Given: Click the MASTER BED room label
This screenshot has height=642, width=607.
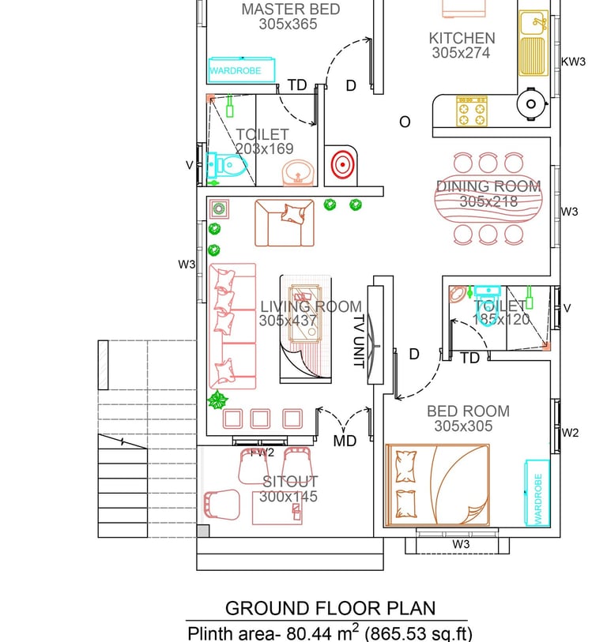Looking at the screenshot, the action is [291, 9].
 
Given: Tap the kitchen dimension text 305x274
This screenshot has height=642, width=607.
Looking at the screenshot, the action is [461, 53].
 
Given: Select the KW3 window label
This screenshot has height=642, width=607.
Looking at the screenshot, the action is [573, 62].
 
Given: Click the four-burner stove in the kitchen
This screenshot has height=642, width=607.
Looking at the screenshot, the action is [472, 111].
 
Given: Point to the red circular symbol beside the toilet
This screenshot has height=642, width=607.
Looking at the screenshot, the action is [342, 164].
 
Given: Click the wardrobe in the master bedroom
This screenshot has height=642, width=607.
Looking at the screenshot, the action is [241, 70].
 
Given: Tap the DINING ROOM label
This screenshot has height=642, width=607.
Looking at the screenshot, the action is [488, 186].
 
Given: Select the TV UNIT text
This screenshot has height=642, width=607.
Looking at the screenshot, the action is [359, 341].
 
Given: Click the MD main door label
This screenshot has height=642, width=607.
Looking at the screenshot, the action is [345, 441].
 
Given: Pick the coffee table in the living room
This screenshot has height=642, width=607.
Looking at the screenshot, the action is [305, 313].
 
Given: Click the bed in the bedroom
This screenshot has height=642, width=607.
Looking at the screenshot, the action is [437, 485].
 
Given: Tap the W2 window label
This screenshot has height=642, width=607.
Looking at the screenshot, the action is [570, 433].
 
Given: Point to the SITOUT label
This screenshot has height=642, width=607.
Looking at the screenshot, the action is [290, 482].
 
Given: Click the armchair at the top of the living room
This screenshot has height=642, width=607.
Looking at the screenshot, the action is [285, 223].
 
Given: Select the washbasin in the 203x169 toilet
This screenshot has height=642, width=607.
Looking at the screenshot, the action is [299, 173].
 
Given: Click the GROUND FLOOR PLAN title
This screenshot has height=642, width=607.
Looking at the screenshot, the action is [330, 608].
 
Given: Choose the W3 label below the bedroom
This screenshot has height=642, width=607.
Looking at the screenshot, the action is [461, 544].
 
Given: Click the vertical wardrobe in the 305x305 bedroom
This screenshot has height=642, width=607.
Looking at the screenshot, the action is [537, 493].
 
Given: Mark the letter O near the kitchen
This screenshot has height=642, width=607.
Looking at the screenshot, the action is [405, 122].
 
